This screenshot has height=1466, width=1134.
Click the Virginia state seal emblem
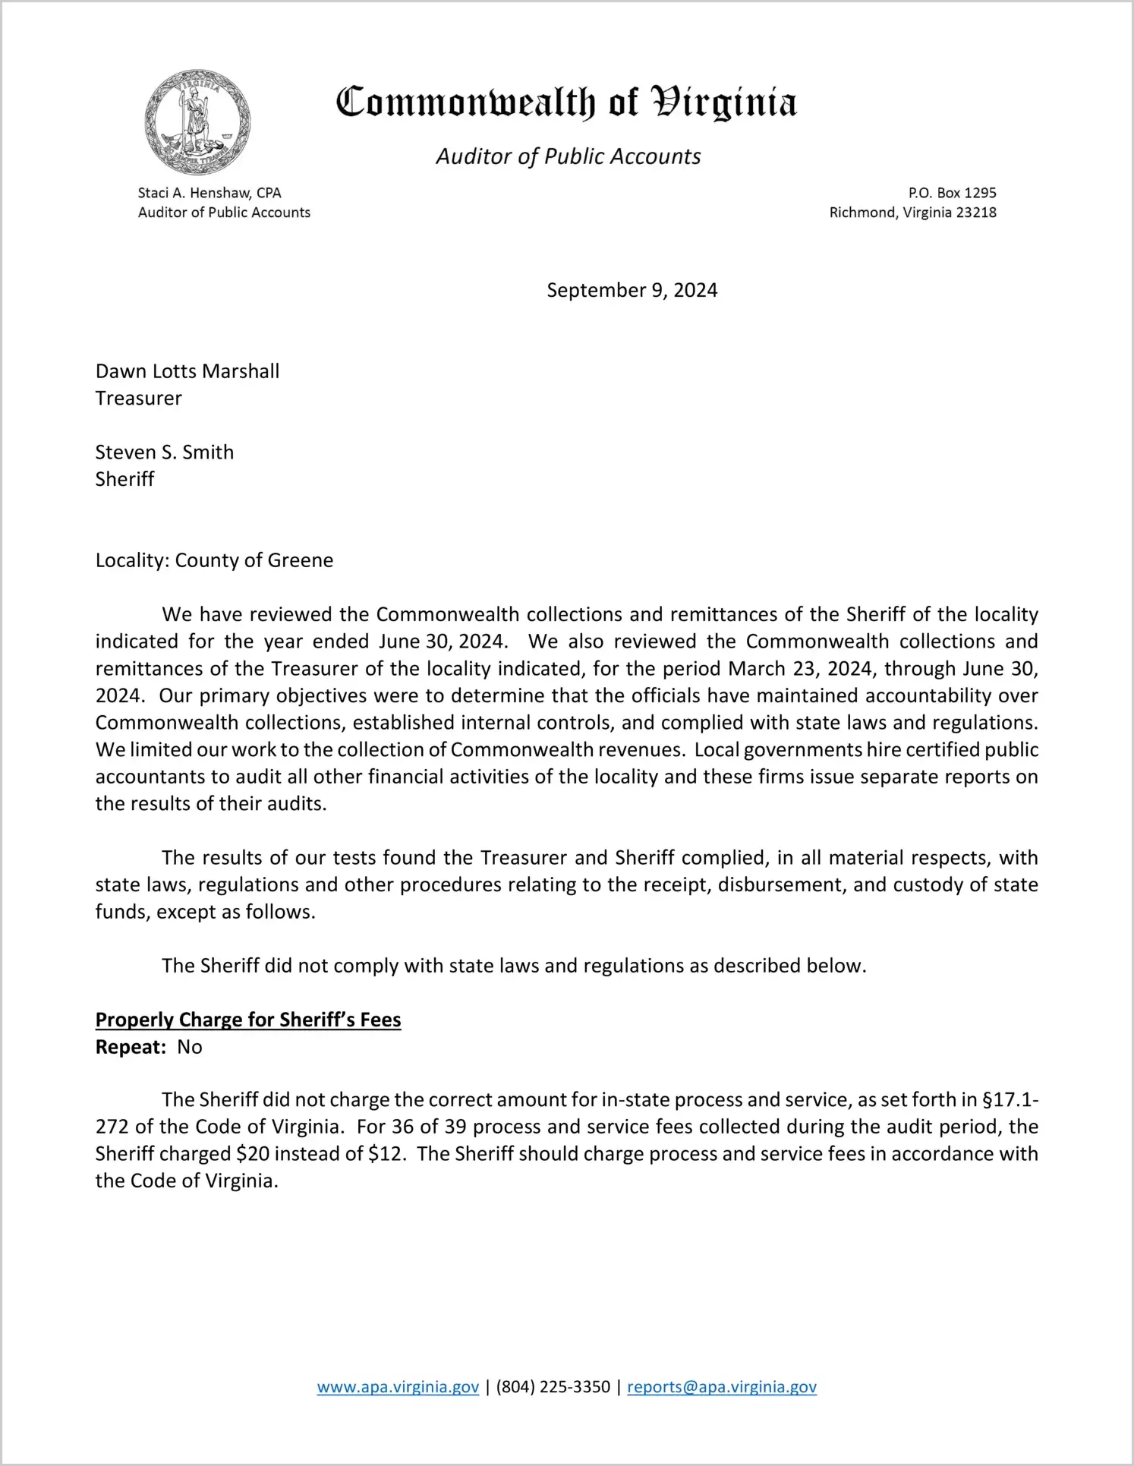197,122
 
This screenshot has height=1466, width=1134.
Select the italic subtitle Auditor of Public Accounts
568,156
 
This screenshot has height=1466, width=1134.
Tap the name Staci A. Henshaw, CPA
209,193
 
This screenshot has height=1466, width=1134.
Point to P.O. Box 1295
952,193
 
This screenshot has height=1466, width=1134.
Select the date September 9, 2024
632,290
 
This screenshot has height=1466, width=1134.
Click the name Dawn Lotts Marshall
187,371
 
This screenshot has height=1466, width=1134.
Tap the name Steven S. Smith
165,452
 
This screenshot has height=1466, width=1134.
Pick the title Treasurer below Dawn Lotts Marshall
139,399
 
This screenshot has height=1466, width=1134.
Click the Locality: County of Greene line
214,560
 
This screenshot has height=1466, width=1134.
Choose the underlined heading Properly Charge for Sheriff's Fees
248,1020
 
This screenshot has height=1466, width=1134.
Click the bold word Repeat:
131,1047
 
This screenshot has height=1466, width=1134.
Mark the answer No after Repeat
190,1047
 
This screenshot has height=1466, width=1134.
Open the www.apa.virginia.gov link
398,1387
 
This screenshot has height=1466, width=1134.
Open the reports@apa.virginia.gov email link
721,1387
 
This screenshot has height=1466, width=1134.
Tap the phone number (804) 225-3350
553,1387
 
